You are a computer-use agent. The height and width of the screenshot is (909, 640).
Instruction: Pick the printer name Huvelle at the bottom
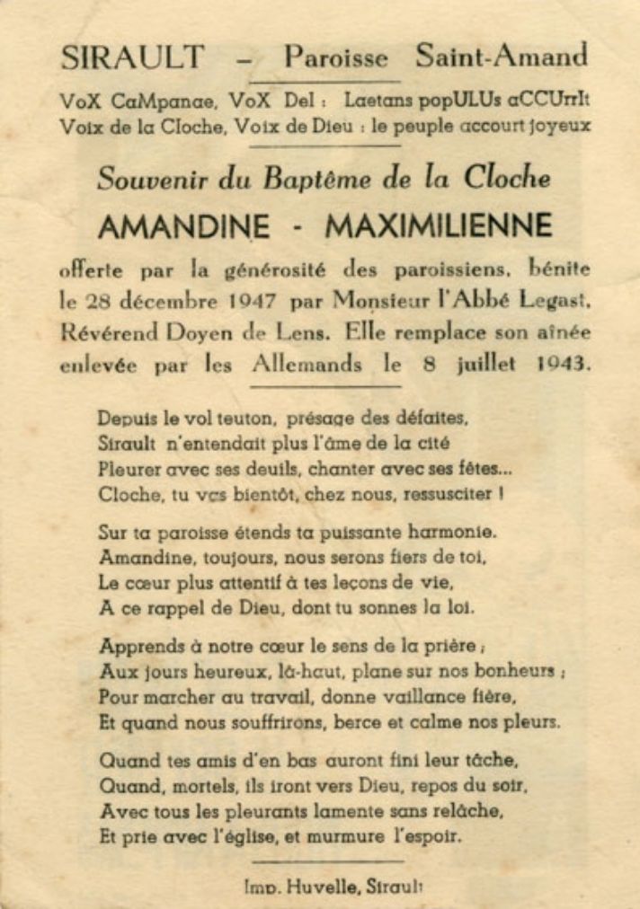click(x=325, y=887)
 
